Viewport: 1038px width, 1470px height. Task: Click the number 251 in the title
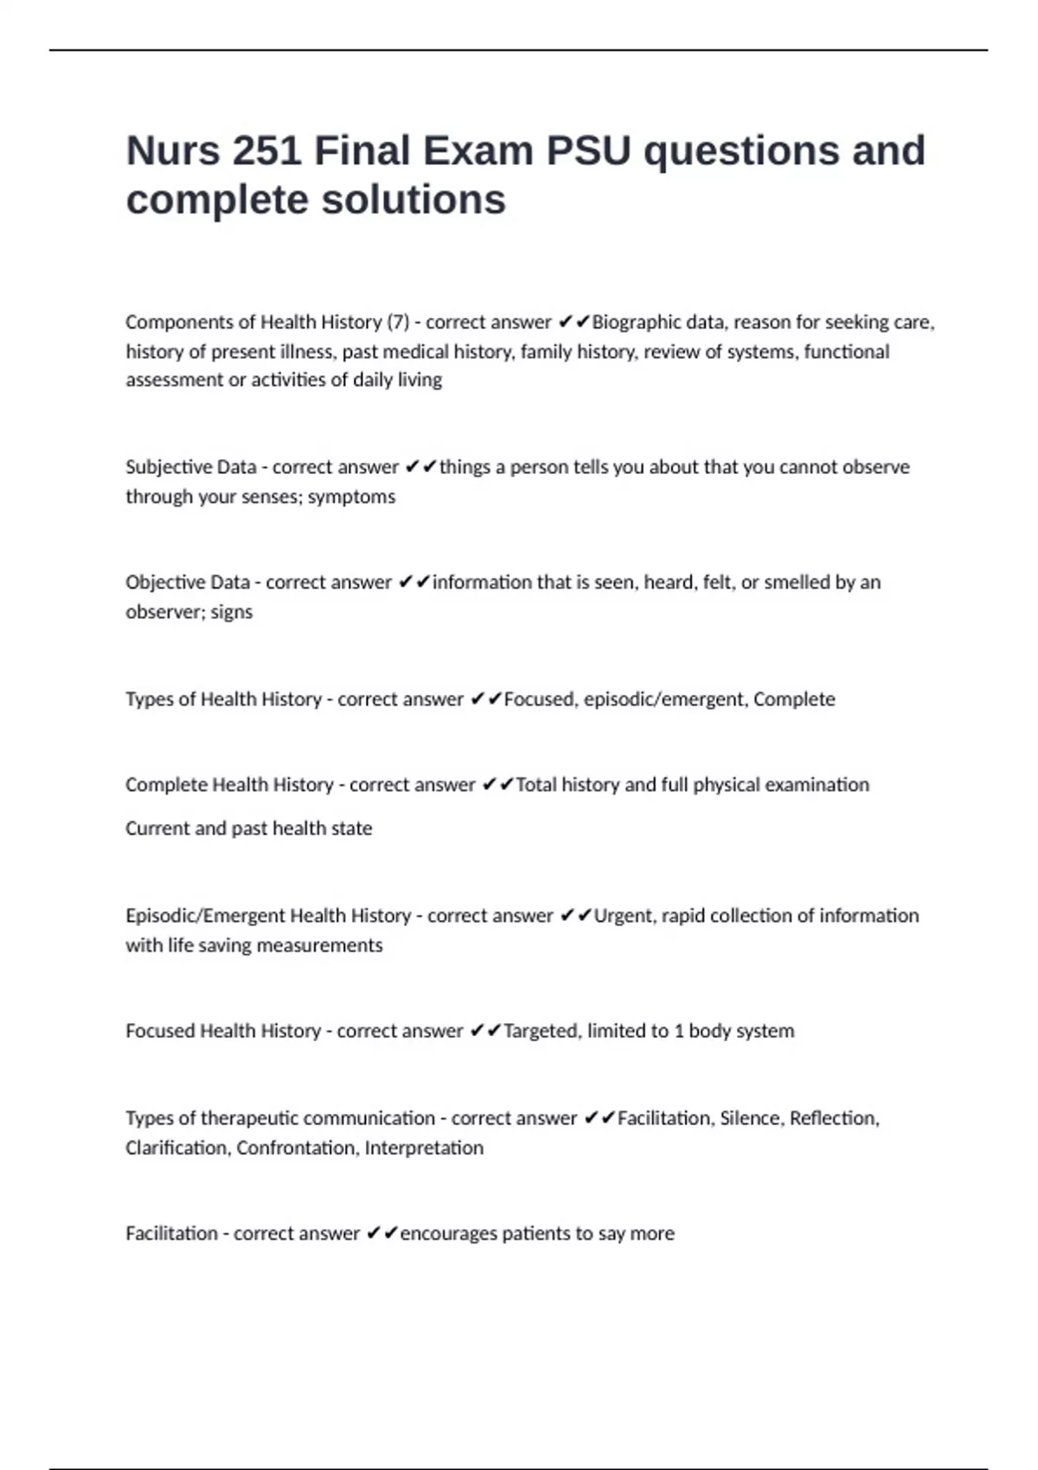tap(266, 151)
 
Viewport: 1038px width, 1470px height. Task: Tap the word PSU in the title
tap(588, 151)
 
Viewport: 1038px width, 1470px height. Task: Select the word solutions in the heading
tap(413, 201)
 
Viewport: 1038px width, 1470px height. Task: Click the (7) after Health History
tap(398, 323)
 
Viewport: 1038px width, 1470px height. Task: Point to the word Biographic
tap(636, 323)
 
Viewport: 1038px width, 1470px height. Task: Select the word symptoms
tap(351, 497)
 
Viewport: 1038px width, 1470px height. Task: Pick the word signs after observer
tap(232, 612)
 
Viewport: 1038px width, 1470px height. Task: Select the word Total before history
tap(536, 785)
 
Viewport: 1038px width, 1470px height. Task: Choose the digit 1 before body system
tap(679, 1031)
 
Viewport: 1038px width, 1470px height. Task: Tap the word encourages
tap(447, 1234)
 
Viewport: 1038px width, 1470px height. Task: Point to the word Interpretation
tap(424, 1148)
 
